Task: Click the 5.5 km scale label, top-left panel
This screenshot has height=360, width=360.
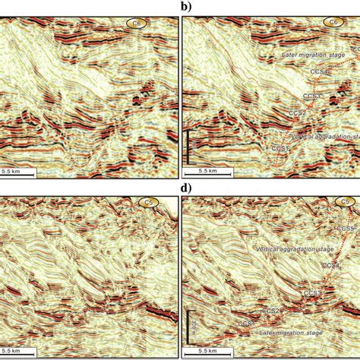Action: [21, 172]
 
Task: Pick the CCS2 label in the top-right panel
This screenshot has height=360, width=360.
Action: [297, 113]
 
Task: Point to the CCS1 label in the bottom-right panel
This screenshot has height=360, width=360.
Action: [247, 324]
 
